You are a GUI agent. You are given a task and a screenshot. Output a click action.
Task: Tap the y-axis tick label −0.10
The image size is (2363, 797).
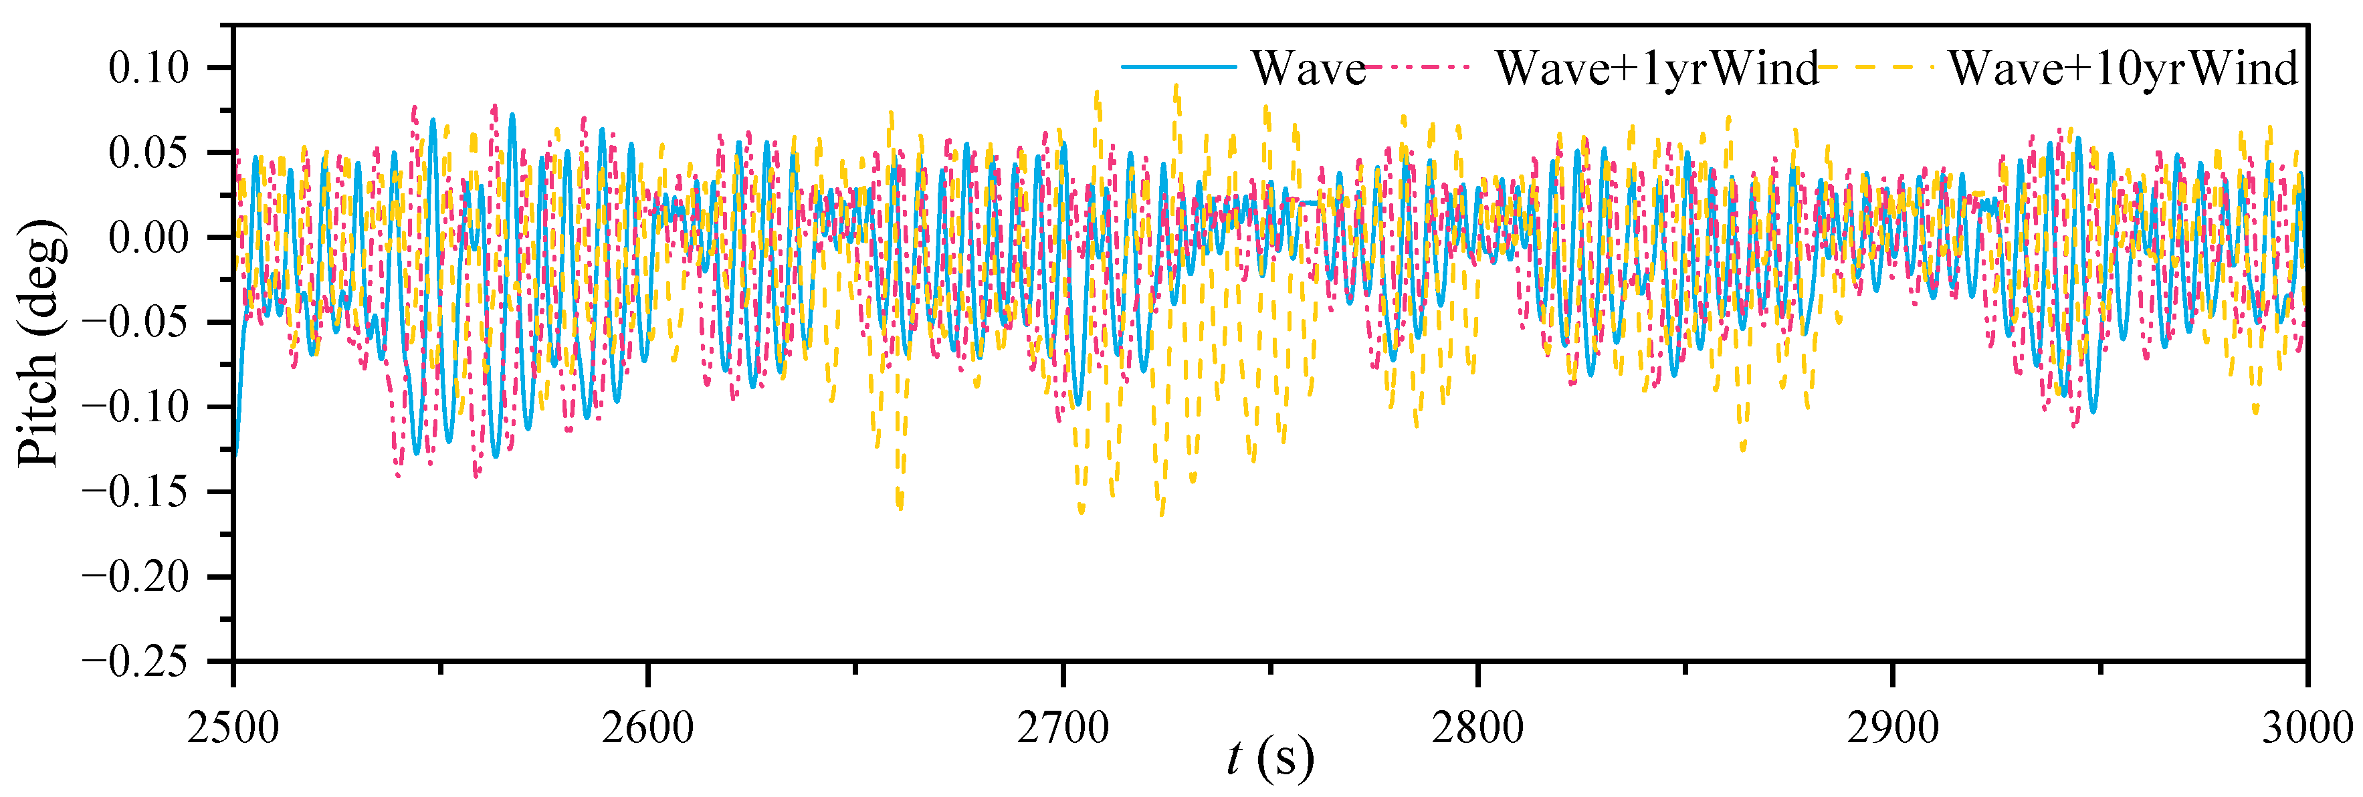pos(136,407)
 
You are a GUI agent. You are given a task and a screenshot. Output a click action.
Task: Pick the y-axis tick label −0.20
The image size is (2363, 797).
pos(136,577)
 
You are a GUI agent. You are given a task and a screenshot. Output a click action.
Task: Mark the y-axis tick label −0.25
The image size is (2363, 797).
pos(136,661)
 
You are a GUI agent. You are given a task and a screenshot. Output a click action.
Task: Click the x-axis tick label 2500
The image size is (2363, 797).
pos(233,727)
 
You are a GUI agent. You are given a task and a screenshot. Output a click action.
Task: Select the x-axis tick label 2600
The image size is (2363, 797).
pos(647,727)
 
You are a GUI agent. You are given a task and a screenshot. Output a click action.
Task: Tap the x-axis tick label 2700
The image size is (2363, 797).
pos(1063,727)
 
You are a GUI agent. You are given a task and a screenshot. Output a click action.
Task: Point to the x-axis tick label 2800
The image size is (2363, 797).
pos(1477,727)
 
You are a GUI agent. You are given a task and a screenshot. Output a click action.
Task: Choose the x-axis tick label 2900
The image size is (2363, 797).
pos(1892,727)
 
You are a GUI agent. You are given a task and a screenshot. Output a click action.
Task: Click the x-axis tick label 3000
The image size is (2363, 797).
pos(2306,727)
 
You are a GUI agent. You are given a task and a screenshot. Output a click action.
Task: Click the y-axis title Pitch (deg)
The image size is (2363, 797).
pos(41,343)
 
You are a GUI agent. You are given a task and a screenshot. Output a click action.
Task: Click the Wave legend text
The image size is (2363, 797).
pos(1309,68)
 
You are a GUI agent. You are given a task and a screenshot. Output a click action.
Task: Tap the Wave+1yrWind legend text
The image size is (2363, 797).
pos(1657,68)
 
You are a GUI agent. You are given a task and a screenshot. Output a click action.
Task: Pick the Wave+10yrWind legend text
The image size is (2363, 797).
pos(2123,68)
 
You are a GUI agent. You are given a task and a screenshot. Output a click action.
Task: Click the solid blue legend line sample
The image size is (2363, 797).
pos(1178,67)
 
